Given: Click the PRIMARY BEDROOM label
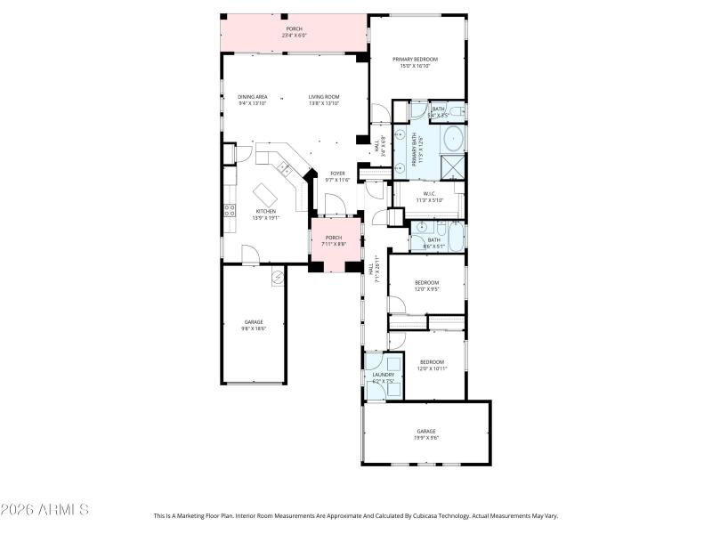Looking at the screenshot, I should pyautogui.click(x=417, y=60).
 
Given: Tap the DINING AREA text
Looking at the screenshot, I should pyautogui.click(x=252, y=97).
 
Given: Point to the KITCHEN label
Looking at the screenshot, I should pyautogui.click(x=265, y=212).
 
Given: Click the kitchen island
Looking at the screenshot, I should pyautogui.click(x=266, y=193).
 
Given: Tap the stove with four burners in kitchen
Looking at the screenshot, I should pyautogui.click(x=229, y=211).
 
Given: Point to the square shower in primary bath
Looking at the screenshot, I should pyautogui.click(x=453, y=166).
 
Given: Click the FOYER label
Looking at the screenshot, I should pyautogui.click(x=337, y=174).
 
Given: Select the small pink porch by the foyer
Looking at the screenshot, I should pyautogui.click(x=335, y=241).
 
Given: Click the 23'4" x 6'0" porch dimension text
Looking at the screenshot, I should pyautogui.click(x=294, y=36).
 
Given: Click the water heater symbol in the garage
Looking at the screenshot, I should pyautogui.click(x=278, y=276).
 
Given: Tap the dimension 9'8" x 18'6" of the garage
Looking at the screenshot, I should pyautogui.click(x=254, y=328).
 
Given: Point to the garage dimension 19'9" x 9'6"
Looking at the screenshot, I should pyautogui.click(x=426, y=438).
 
